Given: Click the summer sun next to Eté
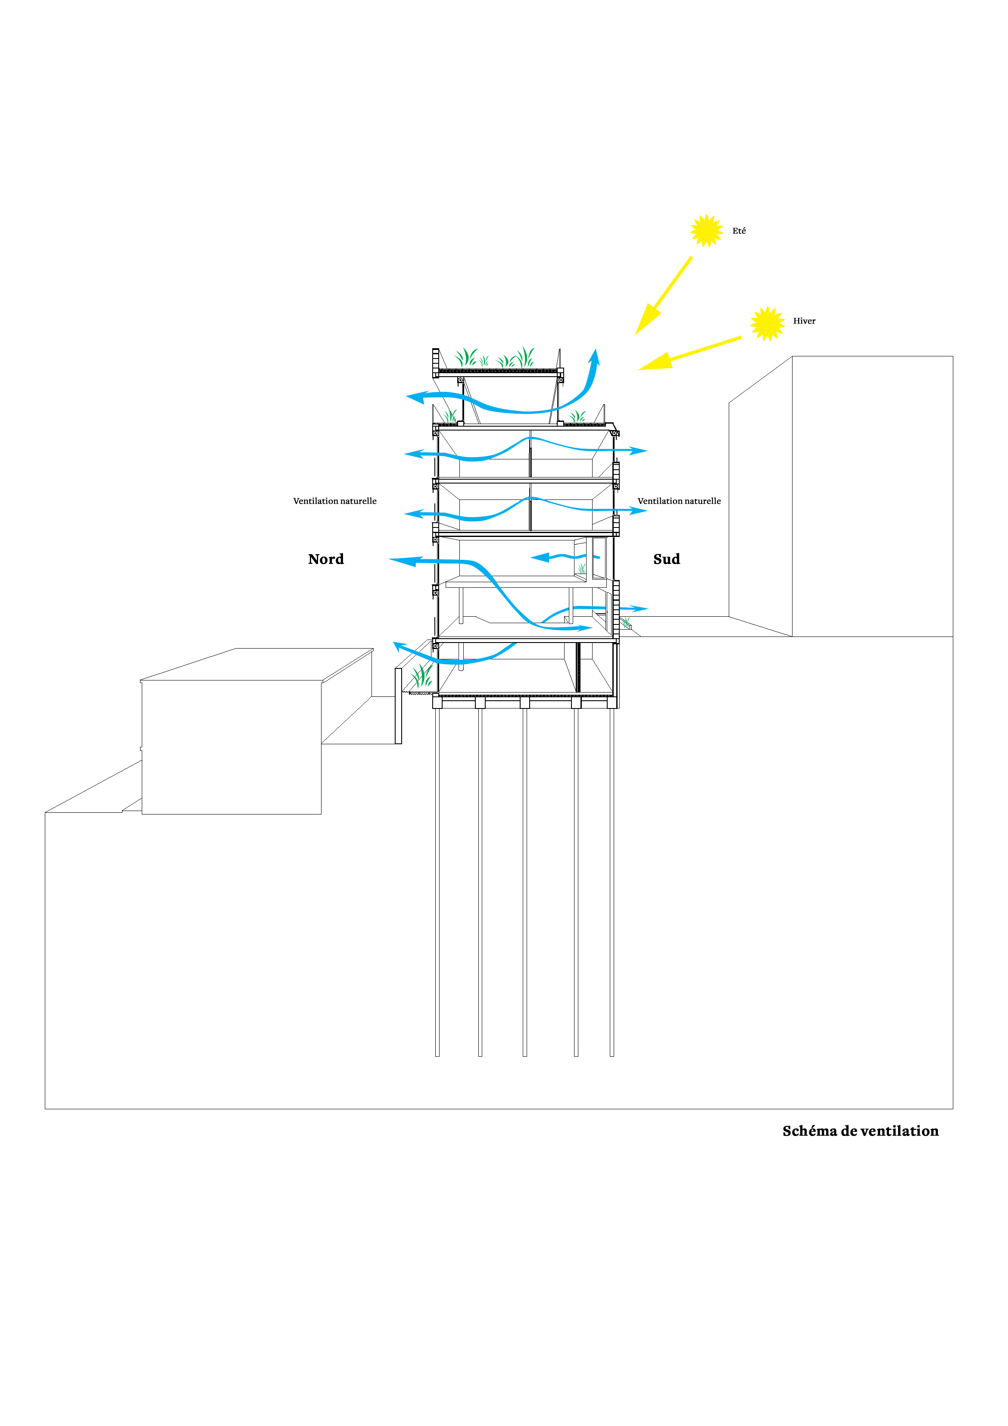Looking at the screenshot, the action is pos(706,231).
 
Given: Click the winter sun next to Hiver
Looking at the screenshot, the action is pos(767,324).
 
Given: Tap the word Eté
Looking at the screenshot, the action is pos(739,231).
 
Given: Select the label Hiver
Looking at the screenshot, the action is pos(804,321).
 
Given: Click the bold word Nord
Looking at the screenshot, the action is pos(326,559).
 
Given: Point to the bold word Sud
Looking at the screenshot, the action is pos(666,559).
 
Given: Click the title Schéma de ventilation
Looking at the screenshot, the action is pos(861,1131).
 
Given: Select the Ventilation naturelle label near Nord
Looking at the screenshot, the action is pos(335,501).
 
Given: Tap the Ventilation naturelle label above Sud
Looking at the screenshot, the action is pos(680,501).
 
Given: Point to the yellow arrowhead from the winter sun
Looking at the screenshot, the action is pos(655,362).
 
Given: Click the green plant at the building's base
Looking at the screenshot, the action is pos(421,675).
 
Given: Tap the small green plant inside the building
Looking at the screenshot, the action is pos(581,568).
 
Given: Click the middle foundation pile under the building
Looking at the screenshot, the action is pos(525,883).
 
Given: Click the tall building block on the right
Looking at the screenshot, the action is pos(841,496).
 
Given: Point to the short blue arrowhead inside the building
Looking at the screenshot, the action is pos(540,557).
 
